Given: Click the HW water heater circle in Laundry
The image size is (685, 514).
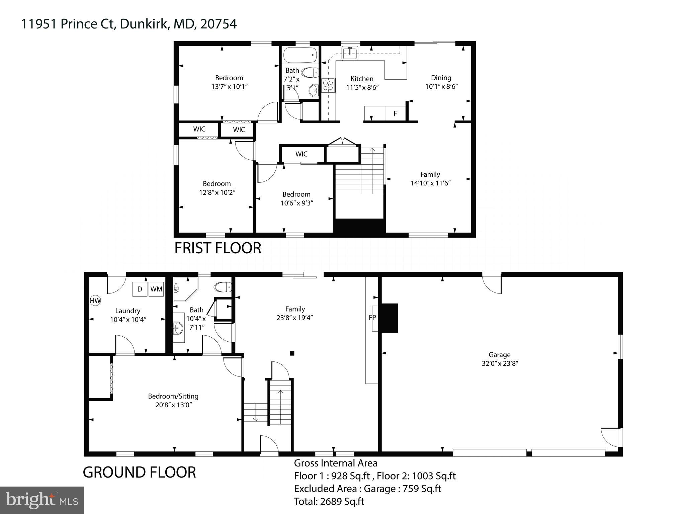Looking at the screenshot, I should click(95, 301).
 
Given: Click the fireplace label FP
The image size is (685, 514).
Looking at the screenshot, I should click(372, 318).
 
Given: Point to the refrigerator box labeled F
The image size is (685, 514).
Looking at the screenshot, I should click(395, 113).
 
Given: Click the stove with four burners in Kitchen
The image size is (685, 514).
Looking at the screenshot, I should click(328, 85).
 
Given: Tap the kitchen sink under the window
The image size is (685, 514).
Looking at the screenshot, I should click(350, 53).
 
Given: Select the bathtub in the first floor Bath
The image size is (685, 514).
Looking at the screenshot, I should click(300, 55).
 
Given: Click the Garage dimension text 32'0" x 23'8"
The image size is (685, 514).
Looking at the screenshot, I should click(500, 363).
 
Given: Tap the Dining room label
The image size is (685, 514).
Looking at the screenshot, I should click(441, 78).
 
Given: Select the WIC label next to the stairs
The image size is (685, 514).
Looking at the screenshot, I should click(301, 154).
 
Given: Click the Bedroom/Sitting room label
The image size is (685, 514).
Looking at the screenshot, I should click(173, 396).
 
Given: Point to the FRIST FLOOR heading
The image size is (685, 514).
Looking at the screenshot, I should click(218, 248).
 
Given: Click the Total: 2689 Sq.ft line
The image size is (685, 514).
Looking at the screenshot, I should click(329, 501).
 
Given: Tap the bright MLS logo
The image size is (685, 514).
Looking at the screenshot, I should click(42, 500).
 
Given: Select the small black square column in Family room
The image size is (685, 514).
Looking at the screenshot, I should click(292, 353).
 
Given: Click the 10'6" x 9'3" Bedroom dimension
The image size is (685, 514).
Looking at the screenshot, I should click(297, 203).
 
